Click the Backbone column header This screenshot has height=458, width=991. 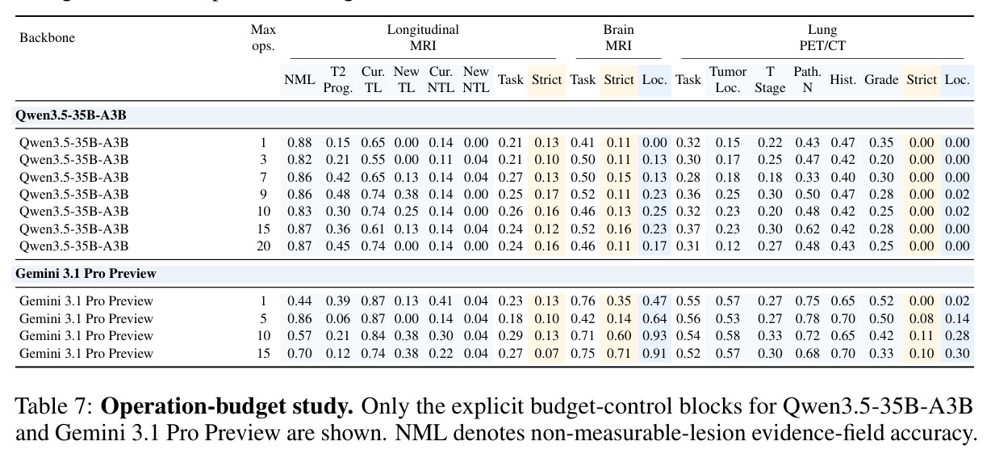(x=48, y=38)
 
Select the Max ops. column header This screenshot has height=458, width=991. (x=263, y=38)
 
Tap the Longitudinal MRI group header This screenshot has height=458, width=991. (x=423, y=38)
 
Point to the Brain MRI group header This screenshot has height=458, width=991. (x=618, y=38)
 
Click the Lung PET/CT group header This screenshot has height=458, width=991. (x=822, y=38)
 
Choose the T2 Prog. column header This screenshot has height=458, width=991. (x=338, y=80)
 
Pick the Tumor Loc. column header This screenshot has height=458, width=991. (x=728, y=80)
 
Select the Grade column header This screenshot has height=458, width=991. (x=881, y=80)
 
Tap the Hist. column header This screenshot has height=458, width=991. (x=843, y=80)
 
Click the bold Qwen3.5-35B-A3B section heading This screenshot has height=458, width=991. (x=71, y=116)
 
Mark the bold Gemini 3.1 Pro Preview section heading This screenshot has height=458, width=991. (x=86, y=274)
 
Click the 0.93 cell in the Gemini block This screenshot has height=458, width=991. (x=654, y=336)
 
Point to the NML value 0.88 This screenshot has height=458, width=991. (x=299, y=143)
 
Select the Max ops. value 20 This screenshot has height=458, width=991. (x=263, y=246)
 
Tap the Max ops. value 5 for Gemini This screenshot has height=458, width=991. (x=263, y=318)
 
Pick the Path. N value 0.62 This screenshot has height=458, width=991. (x=807, y=229)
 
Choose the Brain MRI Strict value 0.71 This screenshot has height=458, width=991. (x=618, y=354)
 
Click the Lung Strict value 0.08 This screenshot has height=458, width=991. (x=922, y=318)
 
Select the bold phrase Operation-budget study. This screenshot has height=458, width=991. (x=227, y=406)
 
